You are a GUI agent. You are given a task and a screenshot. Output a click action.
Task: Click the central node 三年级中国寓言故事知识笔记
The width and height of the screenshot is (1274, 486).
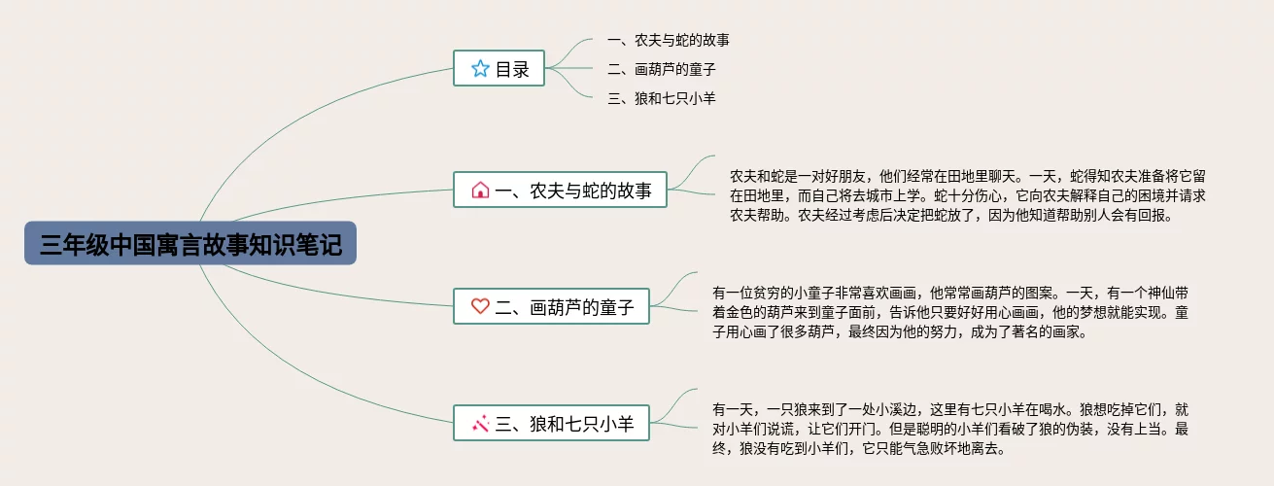click(190, 243)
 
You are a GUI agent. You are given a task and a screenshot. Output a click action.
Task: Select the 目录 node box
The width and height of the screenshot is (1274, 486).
click(499, 68)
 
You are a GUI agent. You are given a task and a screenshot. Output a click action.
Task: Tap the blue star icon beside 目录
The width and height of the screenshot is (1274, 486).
click(480, 68)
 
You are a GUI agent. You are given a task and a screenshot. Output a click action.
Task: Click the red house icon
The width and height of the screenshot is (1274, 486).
click(480, 190)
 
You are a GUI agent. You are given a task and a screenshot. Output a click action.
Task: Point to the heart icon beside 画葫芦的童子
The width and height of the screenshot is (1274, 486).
click(480, 306)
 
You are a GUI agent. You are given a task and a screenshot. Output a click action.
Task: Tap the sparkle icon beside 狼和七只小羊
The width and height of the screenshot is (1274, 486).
click(480, 423)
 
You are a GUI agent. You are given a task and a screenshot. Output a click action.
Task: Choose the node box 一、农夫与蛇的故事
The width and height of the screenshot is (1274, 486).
click(561, 190)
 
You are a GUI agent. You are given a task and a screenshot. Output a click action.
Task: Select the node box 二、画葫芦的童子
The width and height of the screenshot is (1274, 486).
click(551, 306)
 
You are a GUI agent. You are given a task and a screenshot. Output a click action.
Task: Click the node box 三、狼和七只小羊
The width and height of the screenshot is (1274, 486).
click(551, 423)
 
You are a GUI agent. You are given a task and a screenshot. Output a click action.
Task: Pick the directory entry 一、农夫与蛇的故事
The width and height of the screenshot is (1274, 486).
click(668, 41)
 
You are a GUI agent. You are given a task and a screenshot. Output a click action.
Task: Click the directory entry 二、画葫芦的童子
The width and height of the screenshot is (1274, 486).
click(661, 70)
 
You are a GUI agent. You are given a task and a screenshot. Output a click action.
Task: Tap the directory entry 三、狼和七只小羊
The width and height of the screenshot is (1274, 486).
click(661, 98)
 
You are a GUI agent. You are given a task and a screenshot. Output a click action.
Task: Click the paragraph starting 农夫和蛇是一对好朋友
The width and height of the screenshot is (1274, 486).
click(967, 196)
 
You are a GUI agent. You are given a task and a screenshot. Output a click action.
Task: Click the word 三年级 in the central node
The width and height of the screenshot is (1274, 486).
click(66, 243)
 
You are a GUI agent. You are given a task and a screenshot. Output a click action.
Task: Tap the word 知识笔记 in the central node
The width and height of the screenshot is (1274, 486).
click(306, 243)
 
